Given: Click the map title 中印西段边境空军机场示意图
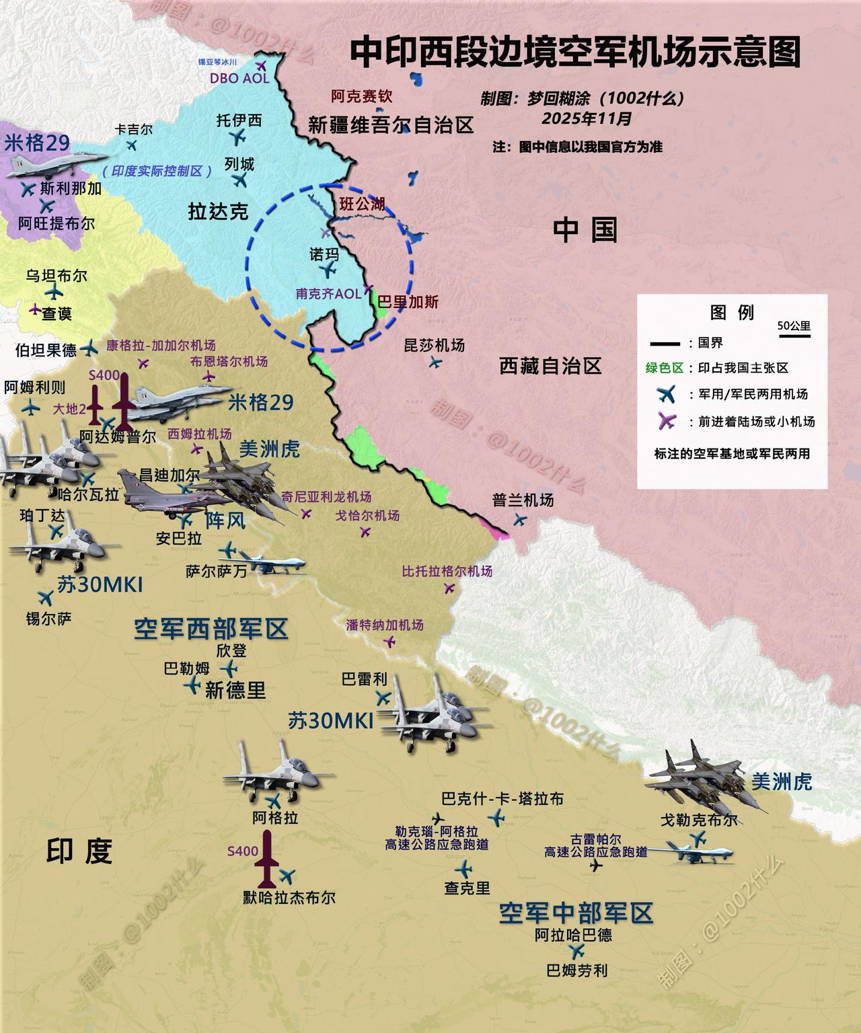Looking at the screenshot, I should click(575, 52).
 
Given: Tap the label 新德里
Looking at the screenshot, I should click(235, 690).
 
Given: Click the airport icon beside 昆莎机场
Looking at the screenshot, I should click(436, 362).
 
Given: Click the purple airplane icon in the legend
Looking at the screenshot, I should click(666, 422).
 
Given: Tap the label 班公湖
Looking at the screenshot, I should click(362, 204).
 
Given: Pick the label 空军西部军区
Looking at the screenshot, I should click(211, 629).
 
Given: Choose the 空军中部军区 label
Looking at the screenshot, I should click(576, 913).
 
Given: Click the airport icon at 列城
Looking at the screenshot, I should click(239, 180).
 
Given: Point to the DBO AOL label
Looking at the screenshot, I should click(239, 78).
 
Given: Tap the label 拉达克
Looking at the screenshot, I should click(218, 211).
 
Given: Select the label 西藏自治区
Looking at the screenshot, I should click(550, 367).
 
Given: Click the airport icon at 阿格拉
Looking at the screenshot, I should click(273, 802).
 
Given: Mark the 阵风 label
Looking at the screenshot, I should click(225, 521).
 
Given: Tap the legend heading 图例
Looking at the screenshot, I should click(732, 312).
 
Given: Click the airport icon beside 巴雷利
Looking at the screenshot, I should click(383, 697).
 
